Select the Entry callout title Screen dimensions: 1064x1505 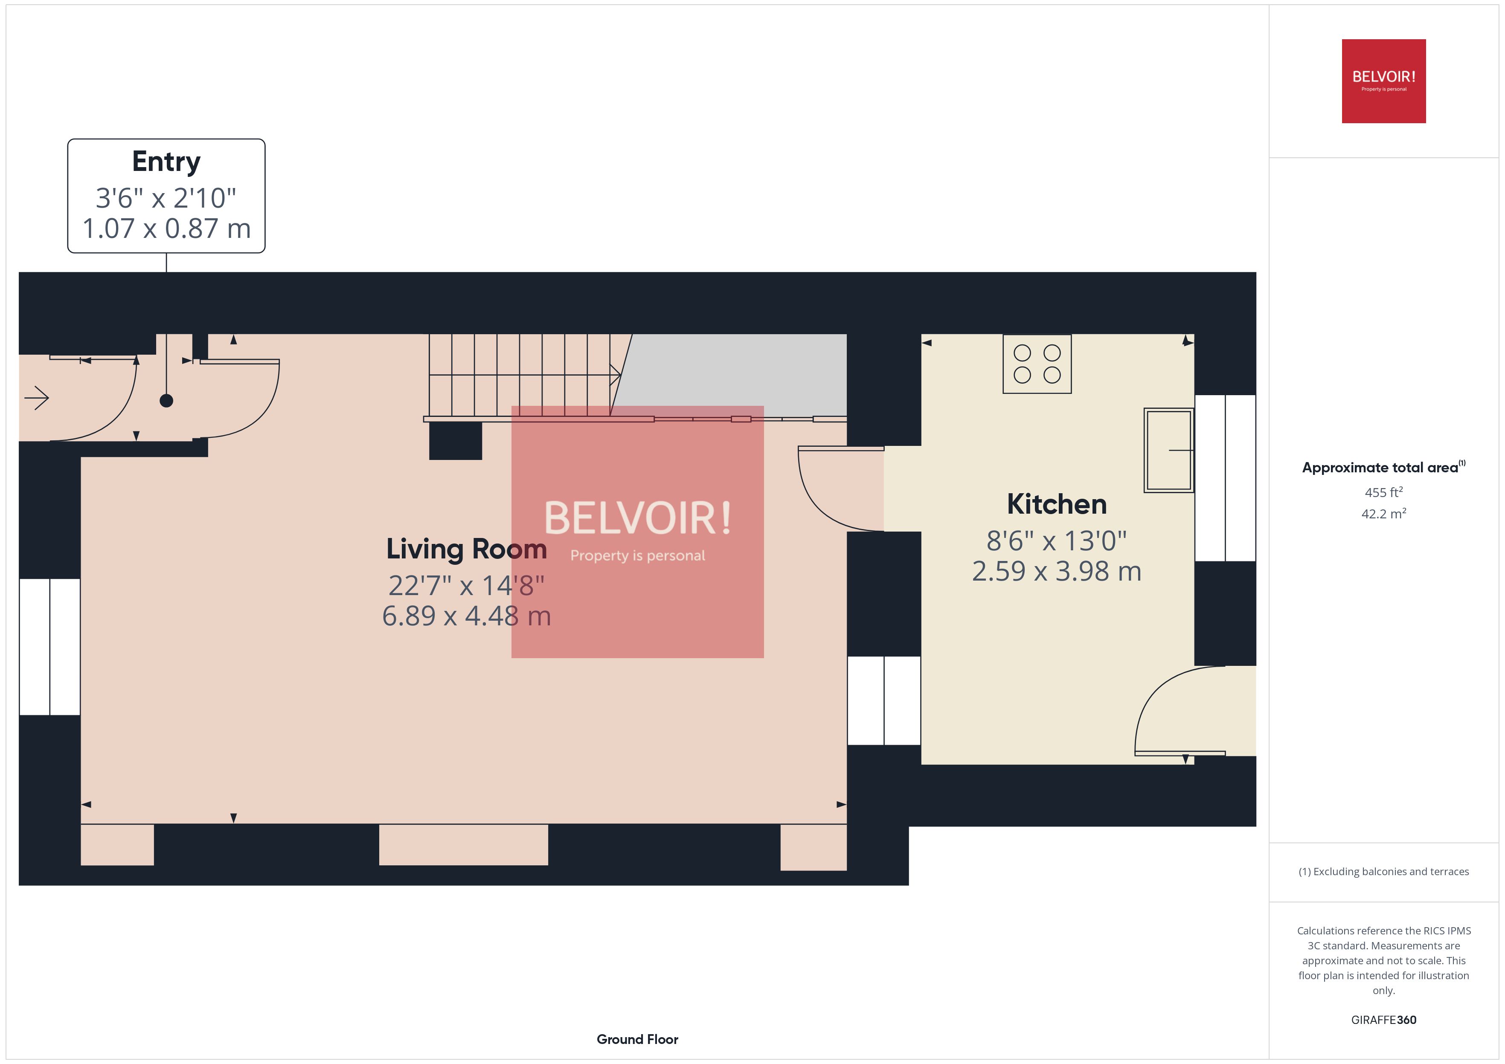[x=166, y=161]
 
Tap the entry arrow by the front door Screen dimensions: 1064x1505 [x=37, y=398]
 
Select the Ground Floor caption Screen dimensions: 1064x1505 [x=637, y=1039]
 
